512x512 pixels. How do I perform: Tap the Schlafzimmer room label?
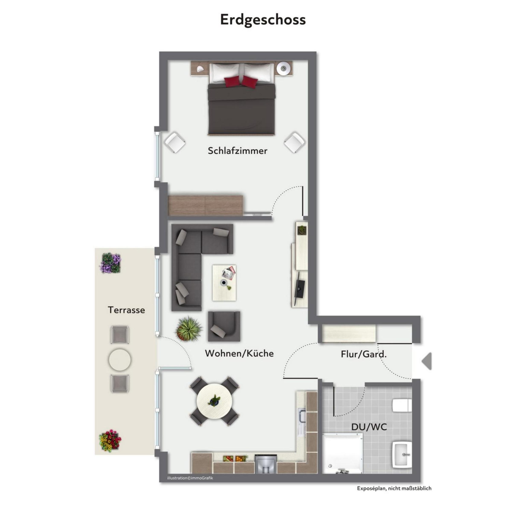point(237,151)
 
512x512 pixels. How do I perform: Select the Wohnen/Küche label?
point(239,353)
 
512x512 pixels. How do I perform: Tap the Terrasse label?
point(127,310)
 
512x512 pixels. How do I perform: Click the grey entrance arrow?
point(427,361)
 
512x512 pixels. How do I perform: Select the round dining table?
point(215,402)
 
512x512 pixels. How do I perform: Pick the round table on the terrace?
point(119,360)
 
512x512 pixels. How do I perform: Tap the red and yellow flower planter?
point(110,441)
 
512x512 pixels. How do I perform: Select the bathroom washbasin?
point(402,454)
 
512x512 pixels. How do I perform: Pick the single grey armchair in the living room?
point(224,326)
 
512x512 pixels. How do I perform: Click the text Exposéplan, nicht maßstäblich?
point(394,488)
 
